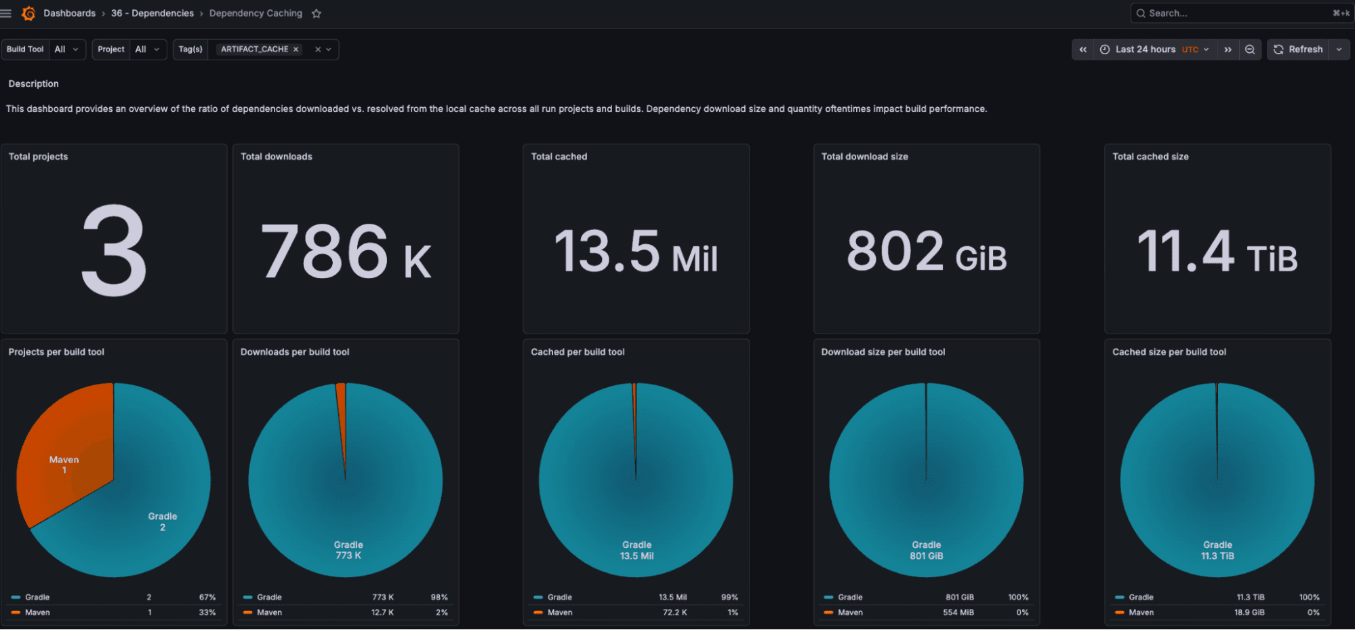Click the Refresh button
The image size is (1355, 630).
[1298, 50]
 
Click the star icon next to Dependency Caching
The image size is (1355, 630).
[316, 14]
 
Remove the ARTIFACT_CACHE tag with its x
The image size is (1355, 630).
[296, 50]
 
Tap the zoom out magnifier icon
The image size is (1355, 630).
[1250, 50]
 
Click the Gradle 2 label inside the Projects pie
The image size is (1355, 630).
[163, 521]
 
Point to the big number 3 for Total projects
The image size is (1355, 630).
[114, 251]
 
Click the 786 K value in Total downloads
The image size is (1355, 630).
[346, 252]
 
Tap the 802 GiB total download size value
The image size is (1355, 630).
[926, 252]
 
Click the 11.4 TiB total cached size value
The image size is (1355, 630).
[1217, 252]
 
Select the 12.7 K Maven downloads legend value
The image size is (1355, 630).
[382, 612]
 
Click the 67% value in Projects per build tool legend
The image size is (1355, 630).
[207, 597]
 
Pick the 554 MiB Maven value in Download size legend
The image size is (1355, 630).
[958, 612]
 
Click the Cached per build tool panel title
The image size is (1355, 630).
[578, 352]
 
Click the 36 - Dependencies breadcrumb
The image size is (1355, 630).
[152, 13]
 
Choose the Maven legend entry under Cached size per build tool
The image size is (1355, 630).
[1141, 612]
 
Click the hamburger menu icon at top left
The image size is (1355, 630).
[6, 13]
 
